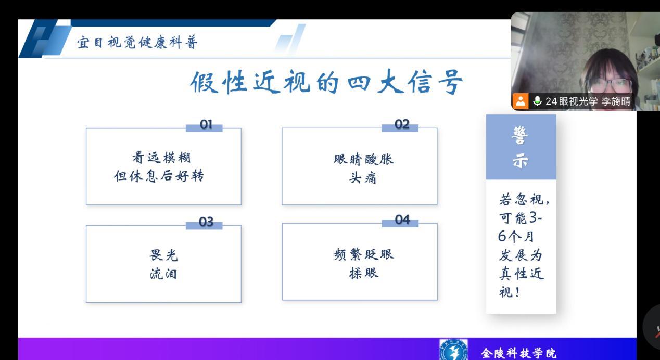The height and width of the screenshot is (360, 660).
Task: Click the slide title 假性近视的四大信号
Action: click(x=326, y=82)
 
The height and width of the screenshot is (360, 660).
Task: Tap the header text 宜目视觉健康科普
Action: click(x=137, y=43)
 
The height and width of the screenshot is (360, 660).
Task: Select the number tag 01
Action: click(x=206, y=125)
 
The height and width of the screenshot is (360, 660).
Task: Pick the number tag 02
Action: click(x=402, y=124)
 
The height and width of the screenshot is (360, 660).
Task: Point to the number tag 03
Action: click(x=206, y=222)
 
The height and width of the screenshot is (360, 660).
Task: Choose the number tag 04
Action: click(x=402, y=220)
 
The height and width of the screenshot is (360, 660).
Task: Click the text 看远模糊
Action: click(x=161, y=157)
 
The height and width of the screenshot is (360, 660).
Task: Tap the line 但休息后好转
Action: click(x=159, y=176)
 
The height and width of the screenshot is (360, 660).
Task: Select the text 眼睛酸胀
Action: click(x=364, y=159)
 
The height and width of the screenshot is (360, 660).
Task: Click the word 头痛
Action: click(x=363, y=178)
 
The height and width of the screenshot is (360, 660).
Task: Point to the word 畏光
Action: click(x=164, y=255)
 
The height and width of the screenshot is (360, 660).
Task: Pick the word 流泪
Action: click(x=163, y=274)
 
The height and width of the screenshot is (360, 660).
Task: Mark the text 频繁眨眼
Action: click(x=364, y=254)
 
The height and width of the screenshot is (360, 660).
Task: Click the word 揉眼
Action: click(x=364, y=273)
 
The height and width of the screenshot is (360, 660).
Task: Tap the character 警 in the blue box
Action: click(x=520, y=135)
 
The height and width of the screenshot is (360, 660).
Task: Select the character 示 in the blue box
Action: click(x=521, y=161)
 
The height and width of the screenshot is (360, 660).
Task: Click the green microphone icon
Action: click(x=537, y=101)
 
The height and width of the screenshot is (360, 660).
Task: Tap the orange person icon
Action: click(x=521, y=101)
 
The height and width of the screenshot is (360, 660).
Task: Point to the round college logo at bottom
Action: click(x=453, y=350)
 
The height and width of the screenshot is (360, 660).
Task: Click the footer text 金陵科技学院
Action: click(x=519, y=353)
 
